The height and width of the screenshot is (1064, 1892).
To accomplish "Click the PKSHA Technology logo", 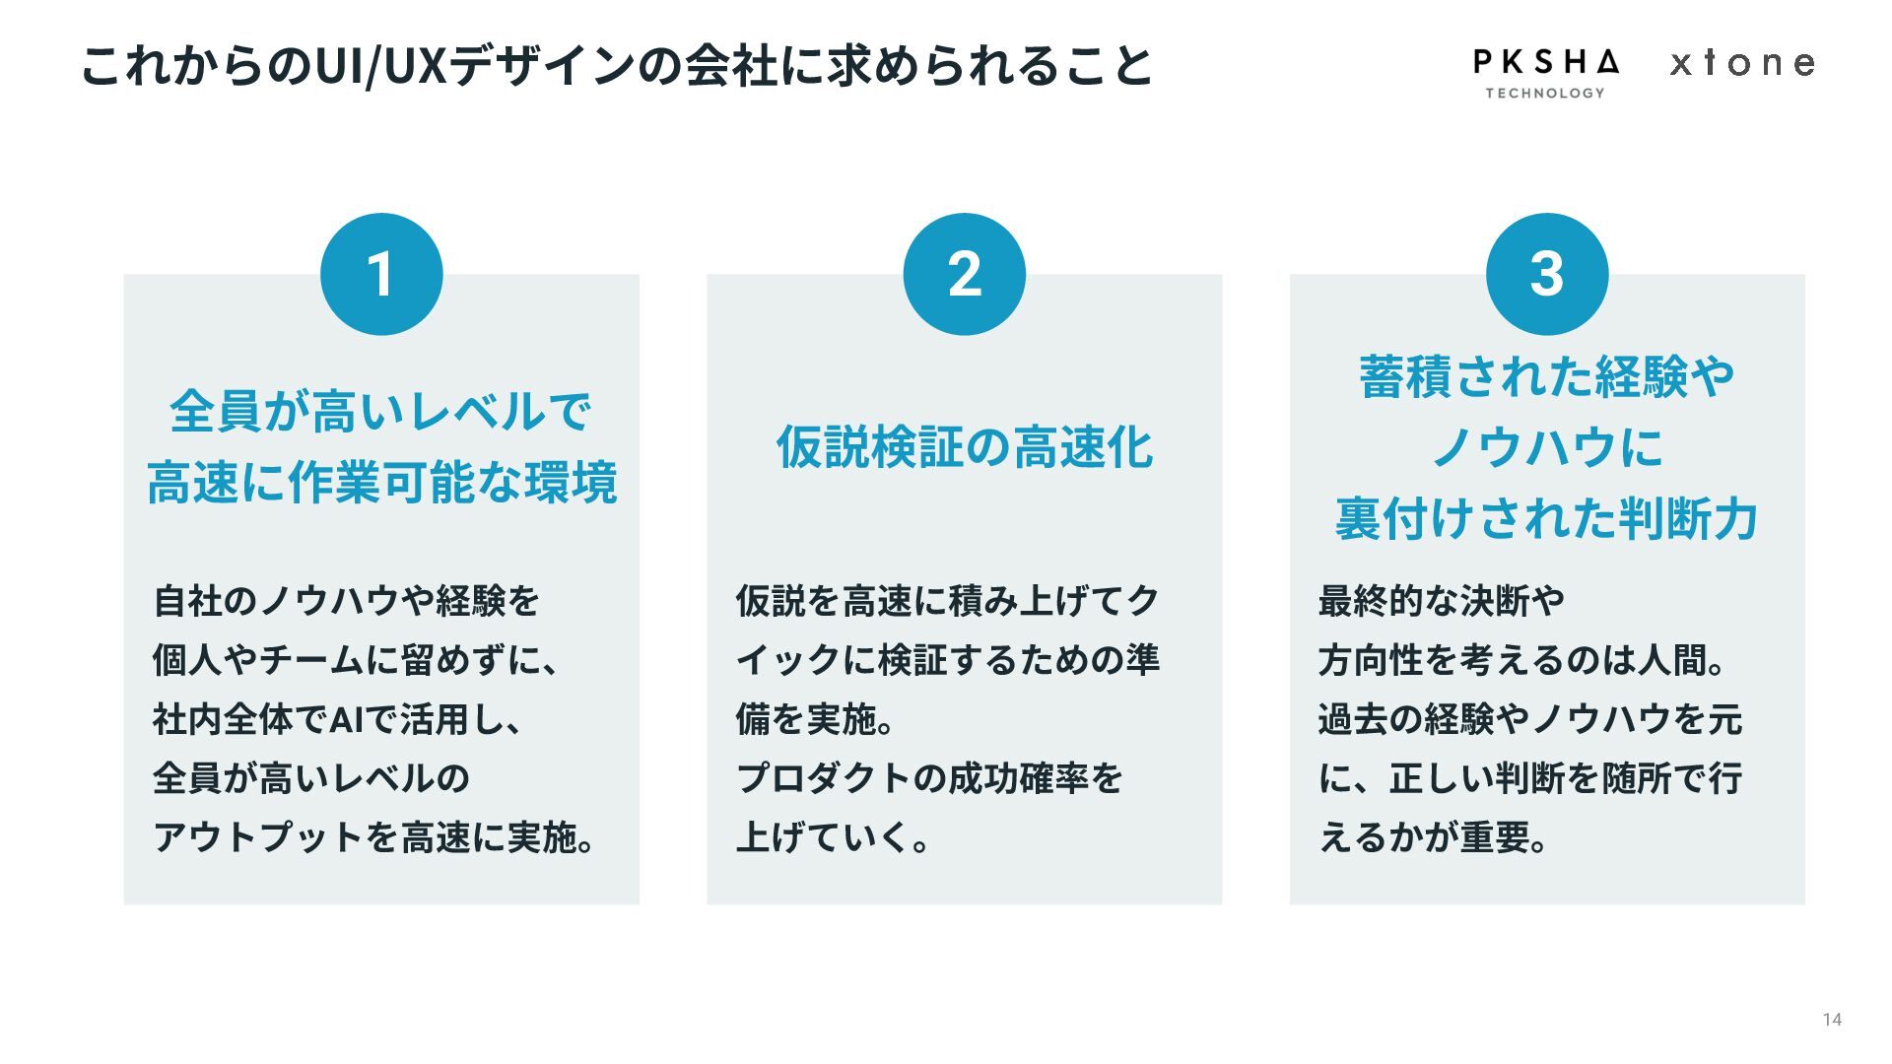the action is pyautogui.click(x=1545, y=72).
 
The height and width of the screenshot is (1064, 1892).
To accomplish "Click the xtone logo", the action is pyautogui.click(x=1742, y=64).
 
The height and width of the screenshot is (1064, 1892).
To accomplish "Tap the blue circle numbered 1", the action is pyautogui.click(x=381, y=274).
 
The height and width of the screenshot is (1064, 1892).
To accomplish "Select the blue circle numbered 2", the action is pyautogui.click(x=964, y=274).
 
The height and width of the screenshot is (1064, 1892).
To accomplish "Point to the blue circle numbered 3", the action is pyautogui.click(x=1546, y=274).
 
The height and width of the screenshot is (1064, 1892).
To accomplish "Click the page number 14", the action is pyautogui.click(x=1832, y=1020).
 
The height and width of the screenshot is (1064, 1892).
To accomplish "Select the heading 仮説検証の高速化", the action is pyautogui.click(x=964, y=447).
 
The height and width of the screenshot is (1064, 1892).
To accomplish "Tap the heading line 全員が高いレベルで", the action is pyautogui.click(x=381, y=411).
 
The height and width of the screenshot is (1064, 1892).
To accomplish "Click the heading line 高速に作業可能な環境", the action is pyautogui.click(x=381, y=483).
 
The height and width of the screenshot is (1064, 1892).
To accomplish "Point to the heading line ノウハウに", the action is pyautogui.click(x=1546, y=447).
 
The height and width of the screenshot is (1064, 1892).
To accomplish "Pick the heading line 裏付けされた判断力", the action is pyautogui.click(x=1546, y=519).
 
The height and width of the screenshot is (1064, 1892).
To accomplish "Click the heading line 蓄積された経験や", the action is pyautogui.click(x=1546, y=376).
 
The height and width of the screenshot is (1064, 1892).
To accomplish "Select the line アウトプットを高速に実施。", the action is pyautogui.click(x=374, y=838).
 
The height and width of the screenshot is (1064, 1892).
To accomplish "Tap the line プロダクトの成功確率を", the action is pyautogui.click(x=929, y=779).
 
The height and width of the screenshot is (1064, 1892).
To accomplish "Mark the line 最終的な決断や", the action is pyautogui.click(x=1442, y=601).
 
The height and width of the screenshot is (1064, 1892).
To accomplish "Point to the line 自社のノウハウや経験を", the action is pyautogui.click(x=347, y=601).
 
